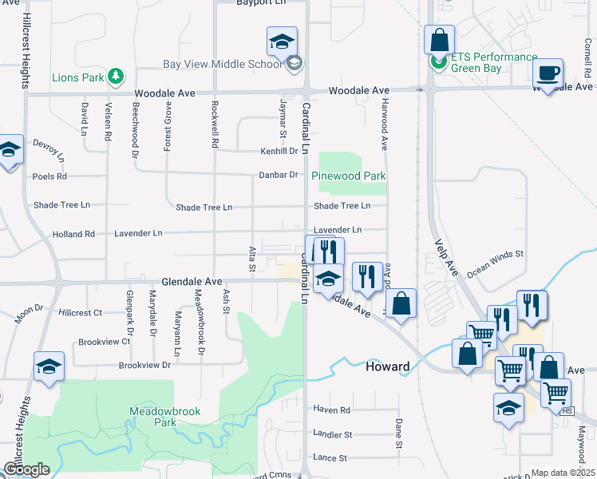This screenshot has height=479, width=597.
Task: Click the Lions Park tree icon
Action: click(117, 76)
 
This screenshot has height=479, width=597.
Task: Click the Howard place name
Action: click(387, 367)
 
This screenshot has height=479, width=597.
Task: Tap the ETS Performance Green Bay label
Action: click(494, 62)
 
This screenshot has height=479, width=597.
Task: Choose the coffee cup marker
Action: click(548, 74)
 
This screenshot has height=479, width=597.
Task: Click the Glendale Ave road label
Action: click(192, 282)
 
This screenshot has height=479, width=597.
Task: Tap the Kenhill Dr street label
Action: click(279, 151)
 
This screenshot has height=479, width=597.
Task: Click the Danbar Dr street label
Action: click(278, 175)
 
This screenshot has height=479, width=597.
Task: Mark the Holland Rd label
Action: click(73, 234)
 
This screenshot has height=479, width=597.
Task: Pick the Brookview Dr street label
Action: click(144, 365)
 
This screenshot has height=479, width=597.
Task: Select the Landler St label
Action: click(333, 434)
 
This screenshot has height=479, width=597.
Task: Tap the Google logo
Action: click(26, 469)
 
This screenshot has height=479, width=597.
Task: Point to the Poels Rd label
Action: click(50, 176)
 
